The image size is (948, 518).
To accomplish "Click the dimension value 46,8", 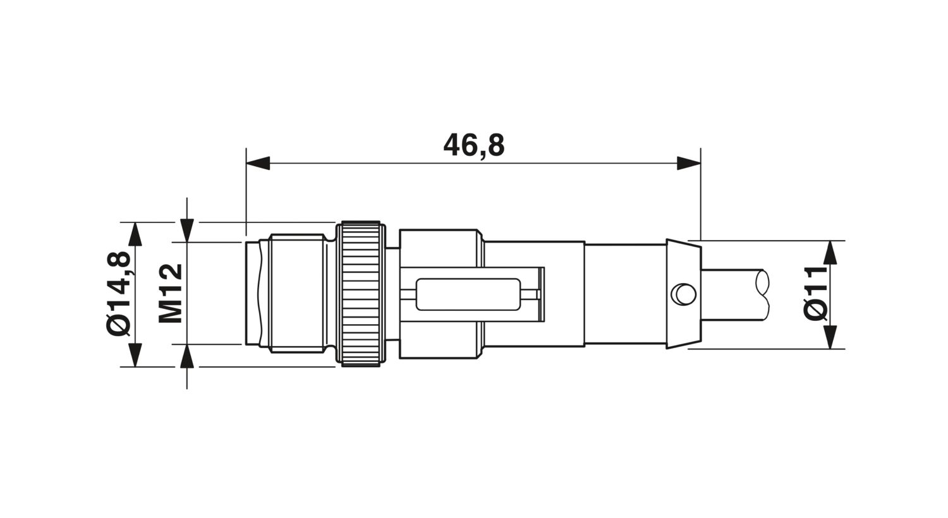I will [x=473, y=145].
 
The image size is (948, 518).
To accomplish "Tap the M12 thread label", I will [x=170, y=293].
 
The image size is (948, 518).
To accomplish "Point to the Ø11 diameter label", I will [x=815, y=293].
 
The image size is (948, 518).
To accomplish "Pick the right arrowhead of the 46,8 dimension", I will [x=689, y=164].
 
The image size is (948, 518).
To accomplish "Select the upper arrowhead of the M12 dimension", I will [x=186, y=230].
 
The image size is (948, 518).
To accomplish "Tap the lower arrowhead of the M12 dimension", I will [x=186, y=356].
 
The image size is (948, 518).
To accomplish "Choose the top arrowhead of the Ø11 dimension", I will [x=830, y=253].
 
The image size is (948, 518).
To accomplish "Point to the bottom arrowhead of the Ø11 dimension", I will [x=830, y=337].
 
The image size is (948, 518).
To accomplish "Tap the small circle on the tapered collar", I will [x=683, y=294].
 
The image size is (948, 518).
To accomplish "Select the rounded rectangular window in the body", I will [x=468, y=294].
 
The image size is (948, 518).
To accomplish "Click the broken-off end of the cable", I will [x=762, y=294].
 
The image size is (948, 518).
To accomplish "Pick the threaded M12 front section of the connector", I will [x=297, y=293].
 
